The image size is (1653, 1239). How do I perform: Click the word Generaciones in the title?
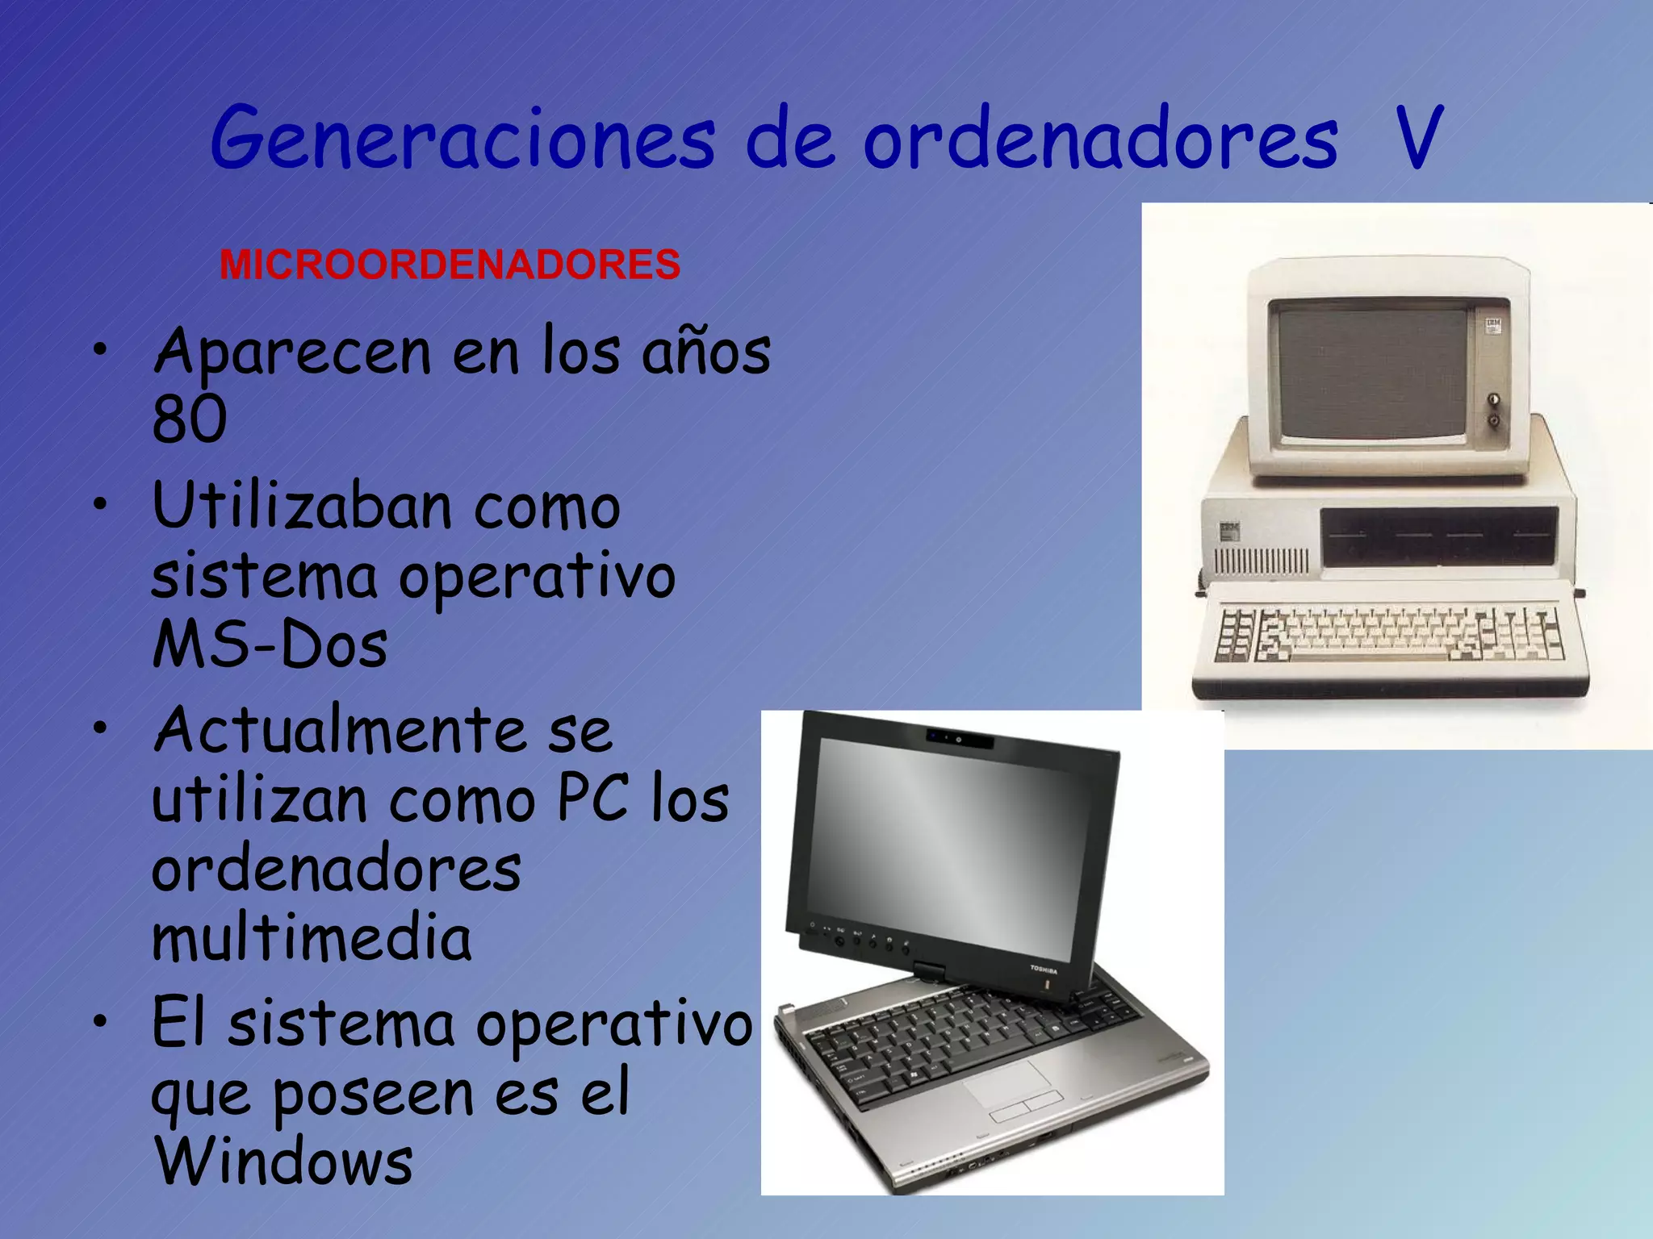click(462, 139)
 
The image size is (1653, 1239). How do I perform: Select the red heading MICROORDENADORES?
click(450, 265)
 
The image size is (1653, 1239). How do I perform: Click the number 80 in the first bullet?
click(190, 419)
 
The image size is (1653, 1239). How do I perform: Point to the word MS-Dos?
click(270, 645)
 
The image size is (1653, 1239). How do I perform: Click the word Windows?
click(284, 1162)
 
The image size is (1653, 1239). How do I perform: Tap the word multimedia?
click(312, 938)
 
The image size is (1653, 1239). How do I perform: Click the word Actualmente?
click(338, 730)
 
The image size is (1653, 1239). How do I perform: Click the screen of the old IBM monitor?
click(1372, 375)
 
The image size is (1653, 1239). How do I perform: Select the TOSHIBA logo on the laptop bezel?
click(1043, 970)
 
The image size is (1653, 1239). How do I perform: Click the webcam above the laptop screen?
click(958, 739)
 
